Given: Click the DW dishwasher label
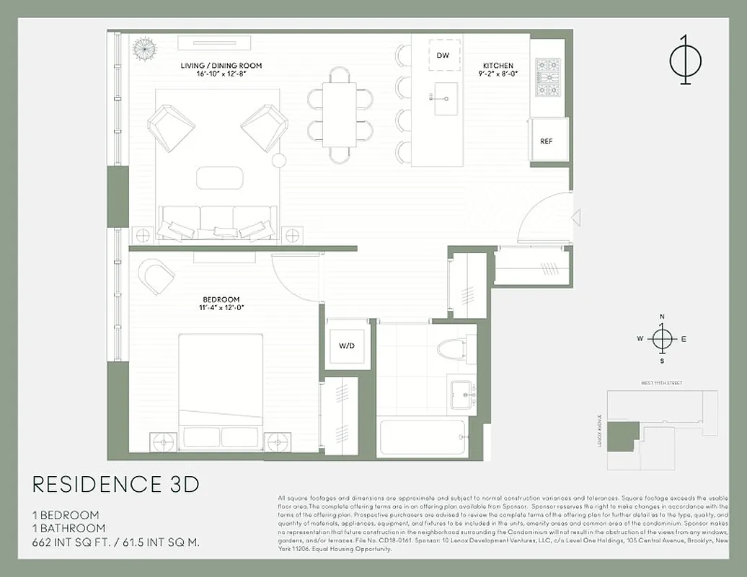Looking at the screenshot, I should click(x=443, y=56).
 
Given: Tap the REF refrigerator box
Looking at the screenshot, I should click(x=547, y=141).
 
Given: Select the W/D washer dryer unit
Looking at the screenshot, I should click(x=347, y=346).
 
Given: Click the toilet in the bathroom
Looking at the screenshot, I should click(x=455, y=350).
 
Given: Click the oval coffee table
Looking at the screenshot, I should click(x=219, y=177).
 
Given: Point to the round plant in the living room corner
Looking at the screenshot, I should click(x=144, y=48).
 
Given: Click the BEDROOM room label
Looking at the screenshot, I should click(x=221, y=300).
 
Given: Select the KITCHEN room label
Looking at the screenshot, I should click(x=498, y=66).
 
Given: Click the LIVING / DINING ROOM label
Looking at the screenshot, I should click(x=221, y=66).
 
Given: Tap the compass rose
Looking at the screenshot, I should click(x=661, y=338).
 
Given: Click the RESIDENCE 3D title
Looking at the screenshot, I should click(x=116, y=484).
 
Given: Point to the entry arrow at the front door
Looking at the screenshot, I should click(x=575, y=216).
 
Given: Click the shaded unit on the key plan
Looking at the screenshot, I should click(x=622, y=436).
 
